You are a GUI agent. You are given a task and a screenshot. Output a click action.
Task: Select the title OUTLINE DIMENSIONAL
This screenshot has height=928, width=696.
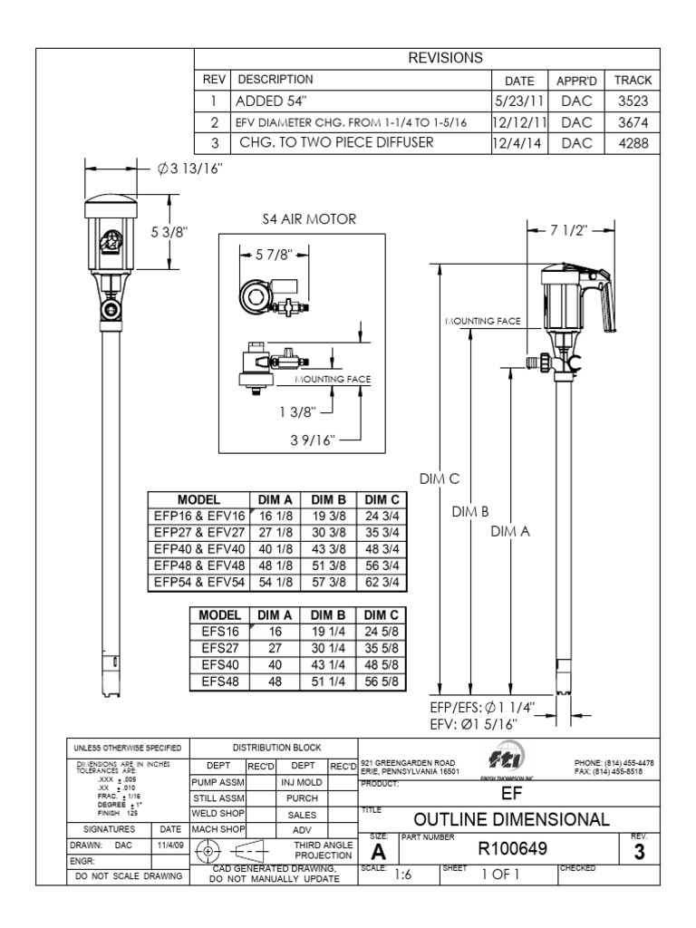coord(511,819)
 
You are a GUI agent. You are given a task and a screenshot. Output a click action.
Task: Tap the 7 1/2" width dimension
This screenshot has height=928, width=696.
coord(567,229)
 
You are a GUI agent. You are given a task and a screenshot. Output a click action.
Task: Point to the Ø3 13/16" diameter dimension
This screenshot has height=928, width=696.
coord(189,169)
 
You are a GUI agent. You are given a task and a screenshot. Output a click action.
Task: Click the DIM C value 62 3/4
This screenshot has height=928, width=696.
coord(382,581)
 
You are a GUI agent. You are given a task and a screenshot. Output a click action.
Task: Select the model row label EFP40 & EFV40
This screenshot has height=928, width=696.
coord(198,548)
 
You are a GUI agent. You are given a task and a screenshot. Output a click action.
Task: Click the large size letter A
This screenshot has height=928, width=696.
coord(379,853)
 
